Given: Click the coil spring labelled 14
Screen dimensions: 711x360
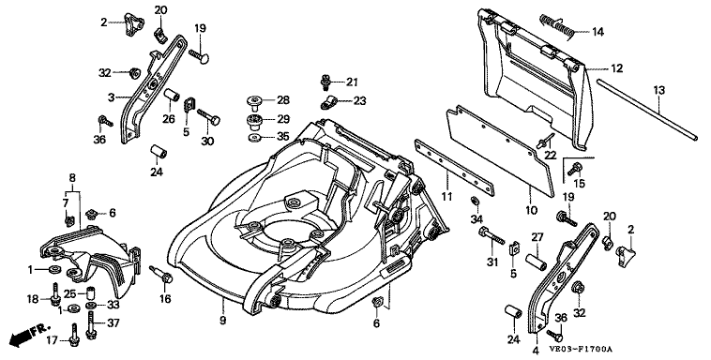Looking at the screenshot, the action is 557,26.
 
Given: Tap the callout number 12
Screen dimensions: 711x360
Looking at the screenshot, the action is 616,69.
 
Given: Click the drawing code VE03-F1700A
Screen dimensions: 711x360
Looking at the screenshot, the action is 581,350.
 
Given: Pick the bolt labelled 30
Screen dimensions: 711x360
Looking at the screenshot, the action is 209,117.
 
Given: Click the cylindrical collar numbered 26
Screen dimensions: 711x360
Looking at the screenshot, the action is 173,97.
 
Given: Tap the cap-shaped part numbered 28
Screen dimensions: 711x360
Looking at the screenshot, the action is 256,102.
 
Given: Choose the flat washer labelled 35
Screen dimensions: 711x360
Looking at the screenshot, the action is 255,138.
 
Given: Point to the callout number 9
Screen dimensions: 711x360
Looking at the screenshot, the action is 222,320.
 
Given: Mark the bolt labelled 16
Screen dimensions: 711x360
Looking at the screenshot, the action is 161,274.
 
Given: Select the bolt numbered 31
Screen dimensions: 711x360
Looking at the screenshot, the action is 492,235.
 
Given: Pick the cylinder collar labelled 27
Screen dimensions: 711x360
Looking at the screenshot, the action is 536,262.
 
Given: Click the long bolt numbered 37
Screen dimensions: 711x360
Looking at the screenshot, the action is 92,325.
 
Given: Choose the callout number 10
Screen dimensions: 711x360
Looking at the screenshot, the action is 531,211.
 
